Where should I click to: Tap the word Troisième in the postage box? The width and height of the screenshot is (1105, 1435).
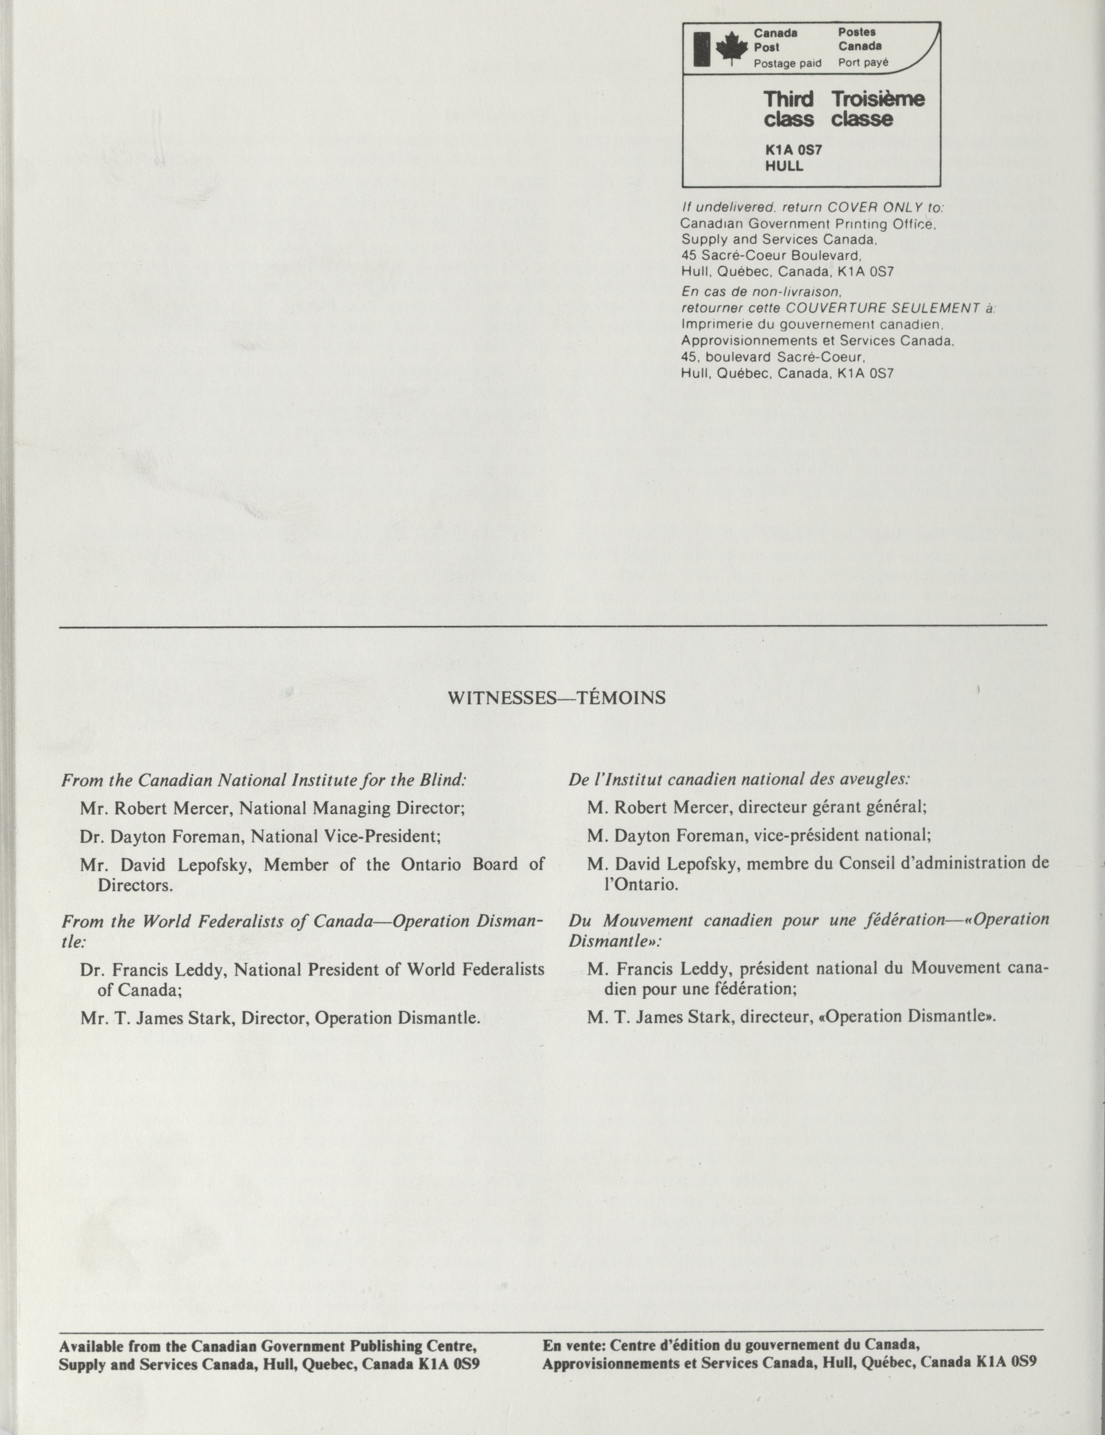click(x=878, y=99)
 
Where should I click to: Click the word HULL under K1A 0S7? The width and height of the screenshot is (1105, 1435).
click(x=784, y=166)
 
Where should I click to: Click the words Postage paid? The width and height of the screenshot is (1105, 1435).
click(x=787, y=64)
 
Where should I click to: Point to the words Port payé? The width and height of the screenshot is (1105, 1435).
click(x=863, y=63)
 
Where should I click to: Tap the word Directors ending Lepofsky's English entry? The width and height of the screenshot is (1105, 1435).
click(x=135, y=885)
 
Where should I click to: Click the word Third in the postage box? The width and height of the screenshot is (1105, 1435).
click(x=788, y=99)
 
